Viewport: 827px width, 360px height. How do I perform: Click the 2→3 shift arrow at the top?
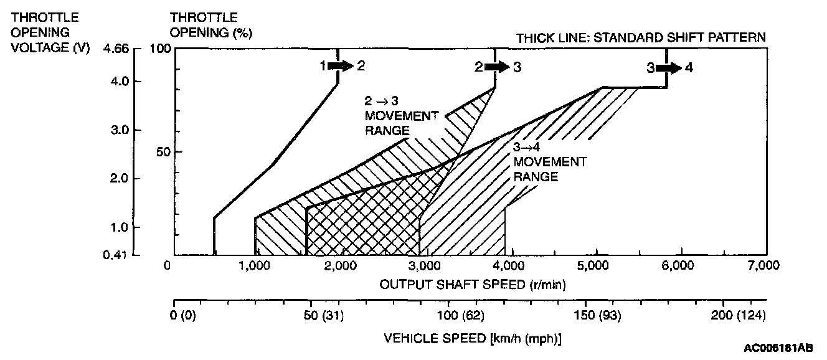pyautogui.click(x=497, y=67)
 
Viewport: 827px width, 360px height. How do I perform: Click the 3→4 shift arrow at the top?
pyautogui.click(x=669, y=67)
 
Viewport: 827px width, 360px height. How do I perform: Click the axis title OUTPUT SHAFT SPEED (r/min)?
pyautogui.click(x=473, y=284)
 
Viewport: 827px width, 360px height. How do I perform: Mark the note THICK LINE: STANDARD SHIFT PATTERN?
pyautogui.click(x=641, y=37)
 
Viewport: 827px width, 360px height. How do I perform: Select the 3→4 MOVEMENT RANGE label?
pyautogui.click(x=549, y=162)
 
